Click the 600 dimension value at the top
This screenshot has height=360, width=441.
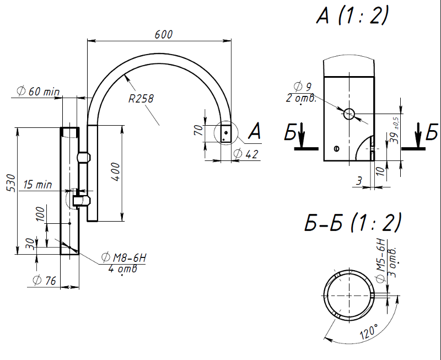pyautogui.click(x=163, y=34)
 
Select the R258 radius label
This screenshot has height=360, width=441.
pyautogui.click(x=141, y=99)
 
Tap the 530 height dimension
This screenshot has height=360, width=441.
pyautogui.click(x=11, y=183)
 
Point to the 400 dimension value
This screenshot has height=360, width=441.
pyautogui.click(x=116, y=171)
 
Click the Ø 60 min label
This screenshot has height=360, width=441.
pyautogui.click(x=38, y=92)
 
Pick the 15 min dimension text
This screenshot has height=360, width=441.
pyautogui.click(x=37, y=185)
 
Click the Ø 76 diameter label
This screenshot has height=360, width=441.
pyautogui.click(x=45, y=281)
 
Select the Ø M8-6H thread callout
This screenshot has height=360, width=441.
pyautogui.click(x=124, y=257)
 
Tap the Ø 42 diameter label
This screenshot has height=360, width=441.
pyautogui.click(x=246, y=154)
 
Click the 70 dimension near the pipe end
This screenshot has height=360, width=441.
pyautogui.click(x=199, y=130)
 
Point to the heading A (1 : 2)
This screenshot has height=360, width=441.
pyautogui.click(x=353, y=15)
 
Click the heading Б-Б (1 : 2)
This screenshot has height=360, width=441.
pyautogui.click(x=353, y=222)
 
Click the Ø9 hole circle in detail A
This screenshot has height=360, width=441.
pyautogui.click(x=349, y=114)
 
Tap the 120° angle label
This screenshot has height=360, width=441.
pyautogui.click(x=369, y=332)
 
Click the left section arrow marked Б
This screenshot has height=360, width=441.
pyautogui.click(x=302, y=136)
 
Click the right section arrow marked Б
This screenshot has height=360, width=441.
pyautogui.click(x=418, y=136)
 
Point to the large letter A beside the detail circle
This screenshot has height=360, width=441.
pyautogui.click(x=255, y=131)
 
